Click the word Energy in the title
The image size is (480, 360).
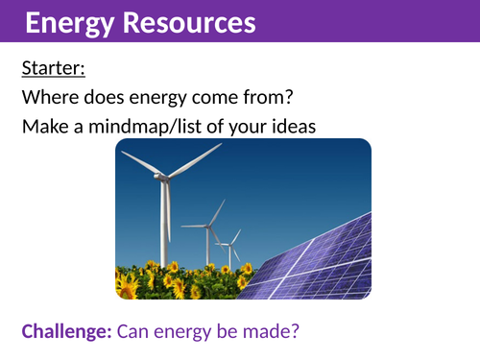pyautogui.click(x=63, y=22)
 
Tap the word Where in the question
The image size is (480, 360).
pyautogui.click(x=49, y=97)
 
